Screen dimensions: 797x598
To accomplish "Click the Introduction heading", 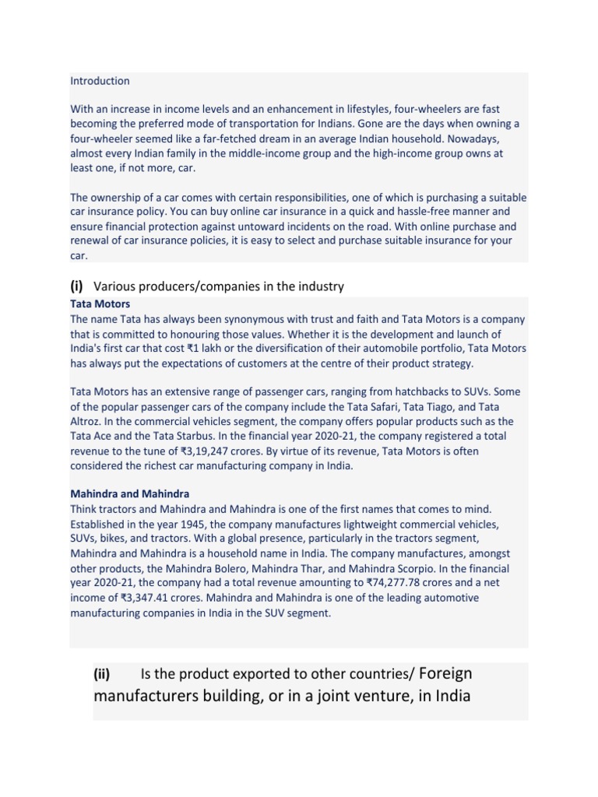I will click(x=100, y=81).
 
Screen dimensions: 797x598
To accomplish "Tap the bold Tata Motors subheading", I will click(x=100, y=304).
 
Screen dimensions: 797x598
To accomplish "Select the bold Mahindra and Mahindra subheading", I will click(x=130, y=494).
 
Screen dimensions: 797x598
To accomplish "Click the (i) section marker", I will click(x=77, y=286).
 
